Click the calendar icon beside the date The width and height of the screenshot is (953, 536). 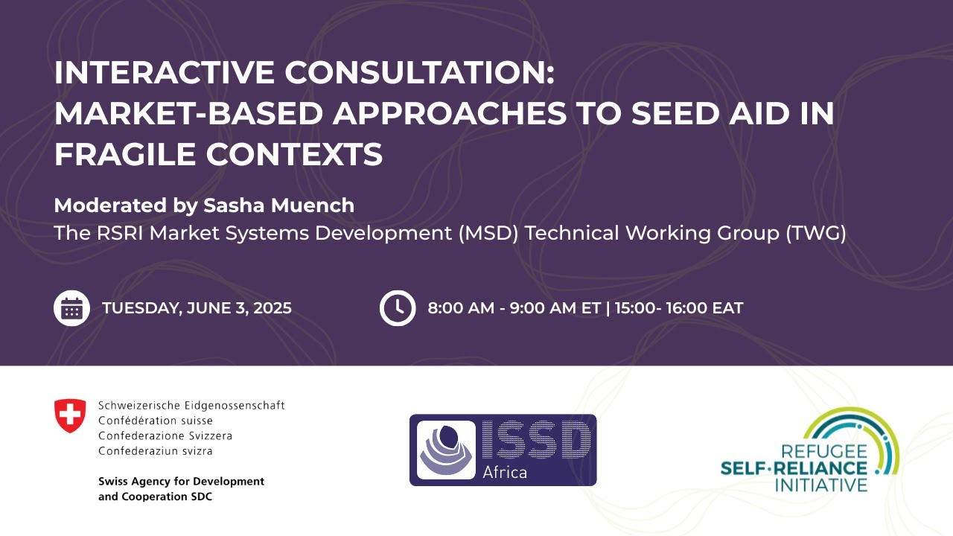[71, 307]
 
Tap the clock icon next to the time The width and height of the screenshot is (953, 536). [398, 307]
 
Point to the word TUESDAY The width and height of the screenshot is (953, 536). [138, 308]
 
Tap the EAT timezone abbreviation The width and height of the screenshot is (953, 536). [727, 308]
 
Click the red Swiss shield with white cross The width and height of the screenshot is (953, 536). [70, 415]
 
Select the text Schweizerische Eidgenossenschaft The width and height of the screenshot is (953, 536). [191, 406]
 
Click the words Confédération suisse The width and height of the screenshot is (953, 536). [155, 421]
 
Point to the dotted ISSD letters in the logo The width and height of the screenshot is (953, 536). [536, 439]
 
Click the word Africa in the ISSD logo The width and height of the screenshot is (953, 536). [505, 472]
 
